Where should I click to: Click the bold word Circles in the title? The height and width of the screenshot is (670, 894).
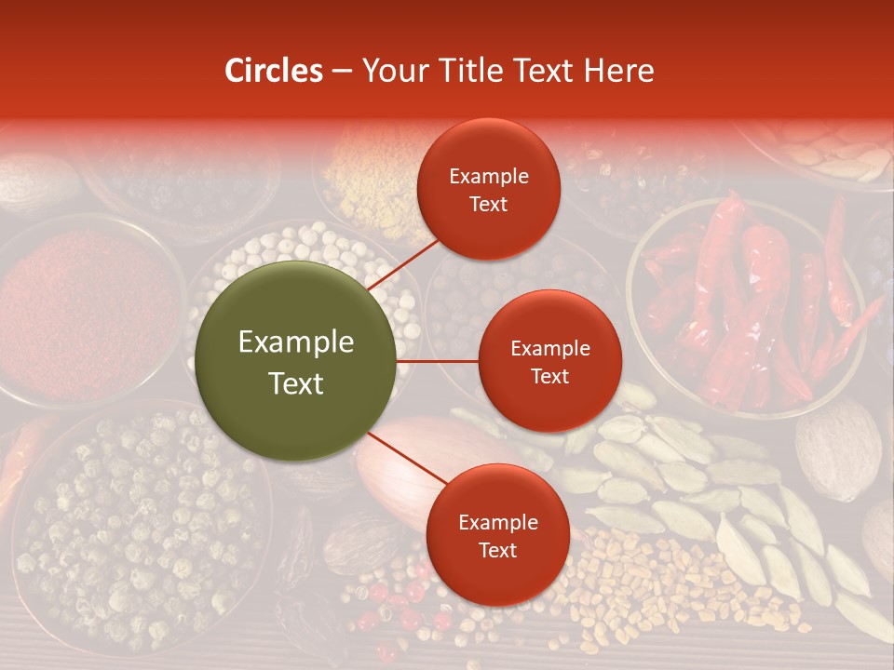click(x=273, y=71)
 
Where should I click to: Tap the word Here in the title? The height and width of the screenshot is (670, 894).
click(x=618, y=71)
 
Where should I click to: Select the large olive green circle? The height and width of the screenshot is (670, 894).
click(x=297, y=362)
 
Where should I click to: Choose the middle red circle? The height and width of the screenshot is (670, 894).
click(x=549, y=361)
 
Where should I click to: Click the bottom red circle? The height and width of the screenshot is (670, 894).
click(x=497, y=535)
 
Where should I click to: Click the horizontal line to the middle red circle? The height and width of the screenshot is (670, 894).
click(x=438, y=361)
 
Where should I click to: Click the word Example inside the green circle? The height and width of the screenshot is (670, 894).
click(x=296, y=342)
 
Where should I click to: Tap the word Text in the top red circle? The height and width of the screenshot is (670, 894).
click(x=488, y=204)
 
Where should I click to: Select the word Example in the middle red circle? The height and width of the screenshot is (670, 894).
click(x=549, y=349)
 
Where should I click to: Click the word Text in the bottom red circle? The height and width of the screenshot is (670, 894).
click(x=497, y=550)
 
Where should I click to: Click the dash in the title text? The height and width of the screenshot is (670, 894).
click(x=342, y=71)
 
